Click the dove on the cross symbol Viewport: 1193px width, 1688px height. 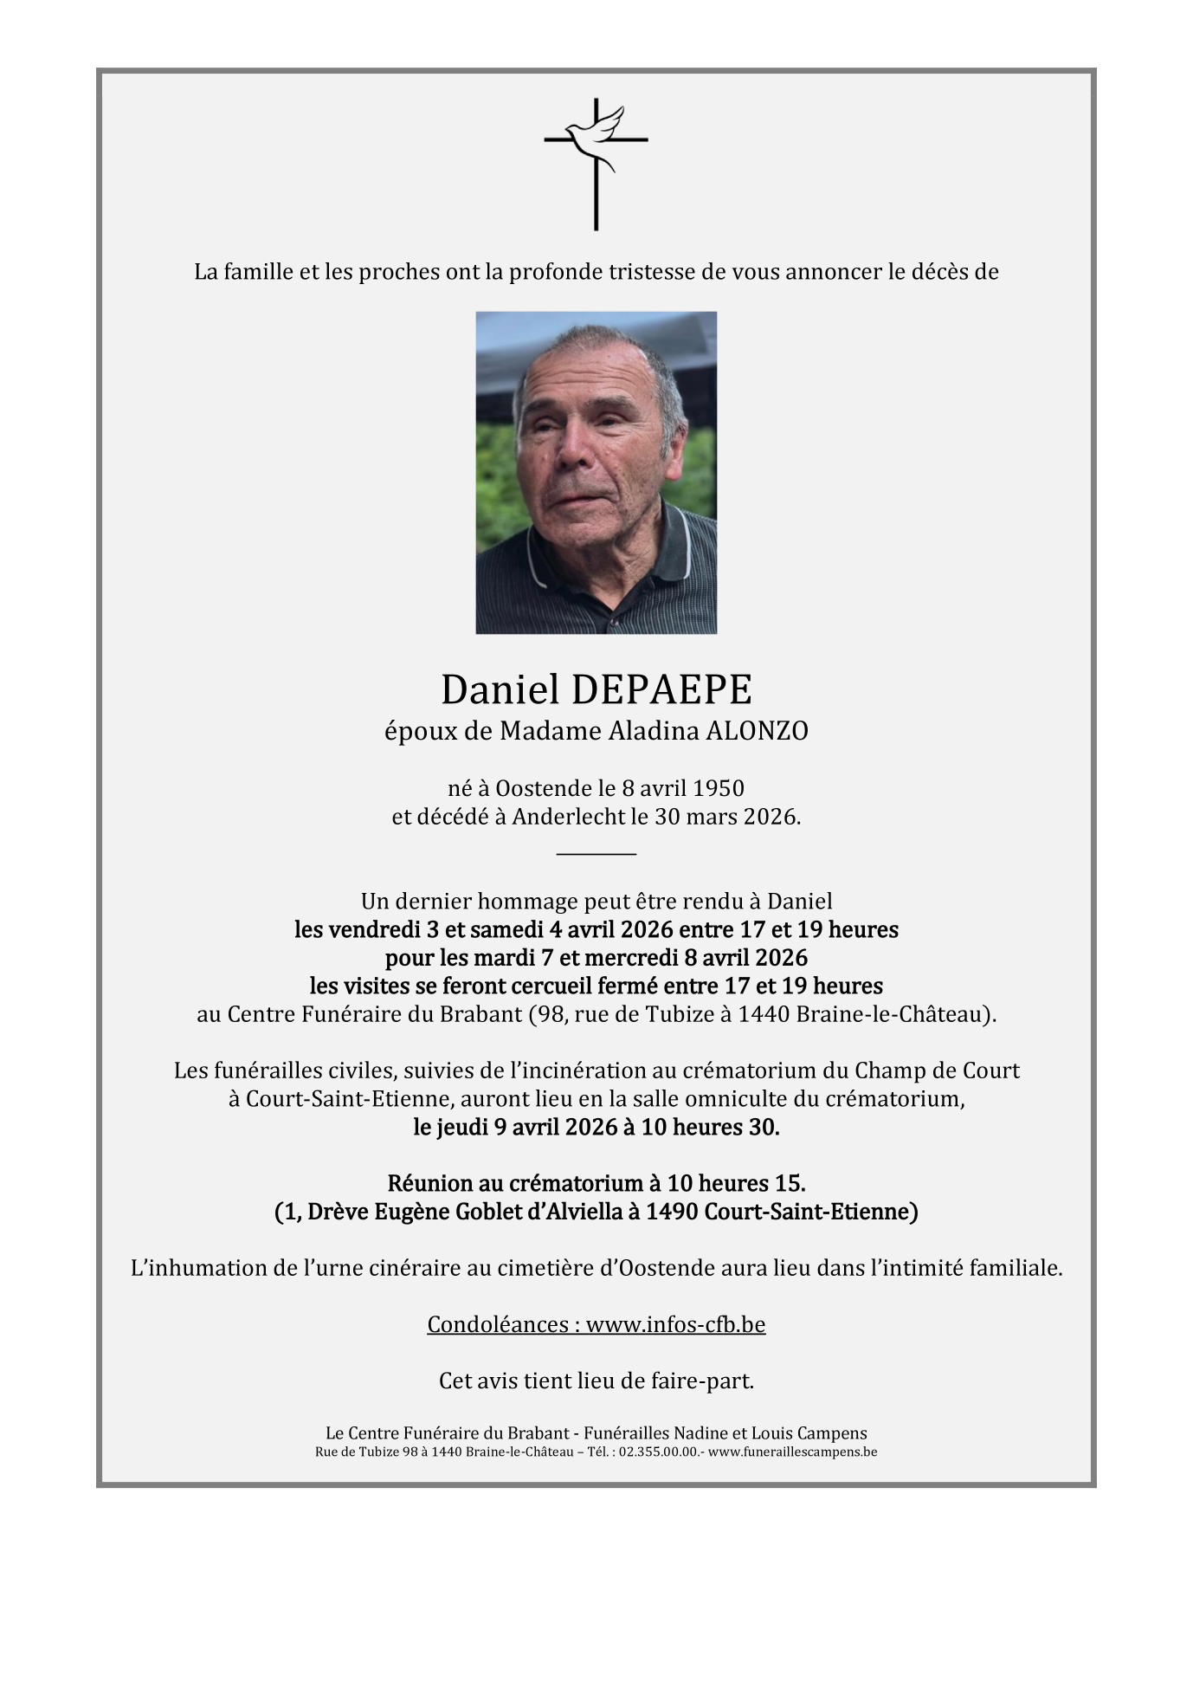point(604,130)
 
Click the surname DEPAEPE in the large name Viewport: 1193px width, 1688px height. point(661,690)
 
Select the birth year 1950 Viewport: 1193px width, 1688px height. point(719,788)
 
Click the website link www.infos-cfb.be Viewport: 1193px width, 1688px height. point(675,1324)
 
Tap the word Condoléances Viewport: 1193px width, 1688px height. point(499,1324)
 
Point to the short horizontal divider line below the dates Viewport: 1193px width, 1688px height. point(596,854)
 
